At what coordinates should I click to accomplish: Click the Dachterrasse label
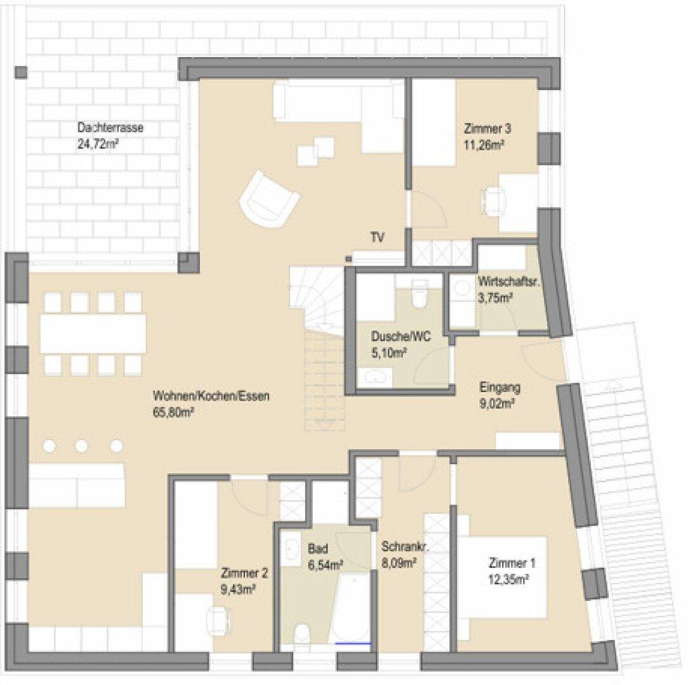110,128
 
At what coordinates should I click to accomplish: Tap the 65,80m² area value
173,413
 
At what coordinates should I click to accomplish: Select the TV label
378,238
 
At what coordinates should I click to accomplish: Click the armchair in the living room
269,199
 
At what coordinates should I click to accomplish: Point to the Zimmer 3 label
488,129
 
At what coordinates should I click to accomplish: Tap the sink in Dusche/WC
375,377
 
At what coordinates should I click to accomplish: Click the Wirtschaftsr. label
508,282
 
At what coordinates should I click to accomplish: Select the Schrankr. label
405,547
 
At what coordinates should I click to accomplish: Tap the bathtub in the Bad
350,608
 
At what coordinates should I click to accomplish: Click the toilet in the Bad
302,634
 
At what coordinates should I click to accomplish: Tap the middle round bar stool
81,447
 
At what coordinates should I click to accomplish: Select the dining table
93,333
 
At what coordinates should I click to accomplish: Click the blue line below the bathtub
353,644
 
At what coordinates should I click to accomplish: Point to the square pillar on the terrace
21,72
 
